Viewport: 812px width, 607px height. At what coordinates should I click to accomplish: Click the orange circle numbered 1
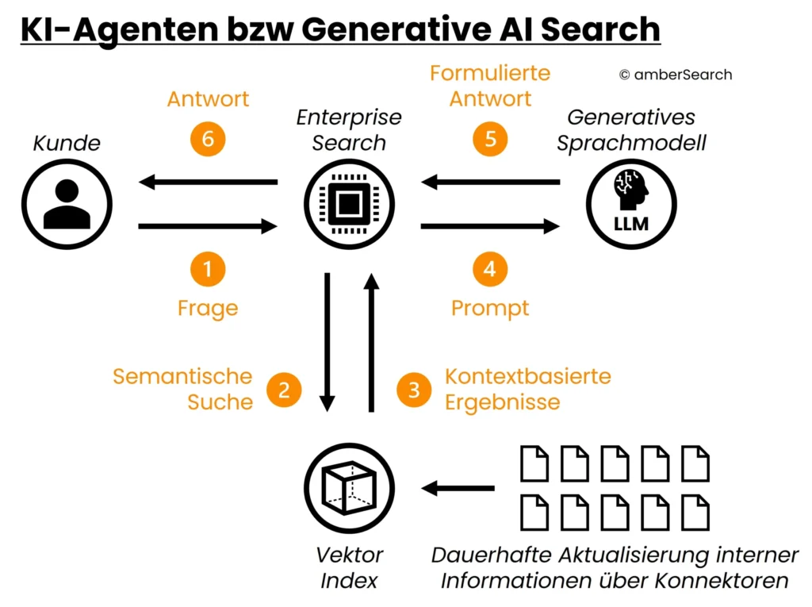(208, 270)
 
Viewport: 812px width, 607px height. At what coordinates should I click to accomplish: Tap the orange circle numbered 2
(284, 389)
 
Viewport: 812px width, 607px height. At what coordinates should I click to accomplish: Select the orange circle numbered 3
(414, 389)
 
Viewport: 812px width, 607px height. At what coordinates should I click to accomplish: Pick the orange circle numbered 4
(490, 270)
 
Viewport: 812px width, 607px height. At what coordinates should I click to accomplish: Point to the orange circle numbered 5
(490, 139)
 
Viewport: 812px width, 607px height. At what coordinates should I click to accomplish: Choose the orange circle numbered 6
(208, 139)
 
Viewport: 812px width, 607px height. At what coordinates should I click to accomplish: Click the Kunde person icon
(67, 204)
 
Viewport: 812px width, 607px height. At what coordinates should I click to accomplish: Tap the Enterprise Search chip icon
(350, 204)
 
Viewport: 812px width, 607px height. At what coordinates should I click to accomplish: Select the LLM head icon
(631, 204)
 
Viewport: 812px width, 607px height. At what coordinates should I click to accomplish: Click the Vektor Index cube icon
(350, 488)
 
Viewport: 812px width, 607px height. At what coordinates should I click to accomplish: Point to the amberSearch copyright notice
(675, 75)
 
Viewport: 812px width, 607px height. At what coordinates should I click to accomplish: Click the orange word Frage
(208, 308)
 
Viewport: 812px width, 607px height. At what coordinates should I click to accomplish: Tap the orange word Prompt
(490, 308)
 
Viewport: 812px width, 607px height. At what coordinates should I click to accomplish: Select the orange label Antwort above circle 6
(208, 99)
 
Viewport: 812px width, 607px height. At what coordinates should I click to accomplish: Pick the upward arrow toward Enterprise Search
(370, 341)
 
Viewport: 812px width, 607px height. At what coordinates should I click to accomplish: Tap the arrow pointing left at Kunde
(208, 183)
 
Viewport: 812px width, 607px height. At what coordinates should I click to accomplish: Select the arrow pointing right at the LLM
(490, 227)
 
